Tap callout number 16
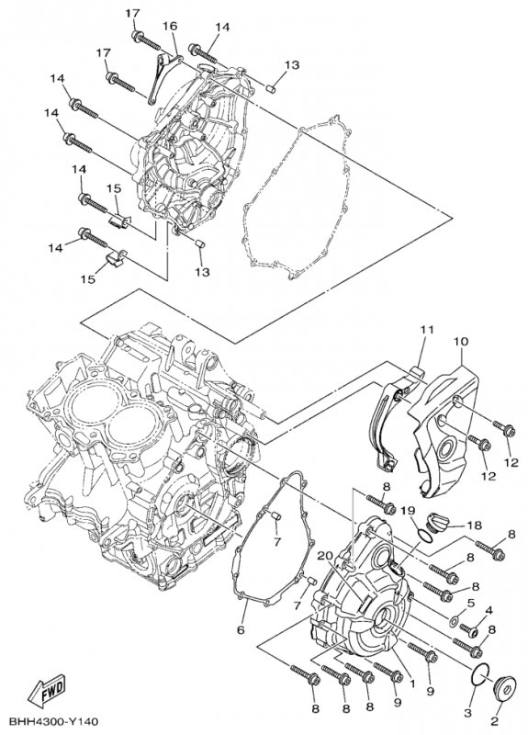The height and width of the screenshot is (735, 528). (171, 27)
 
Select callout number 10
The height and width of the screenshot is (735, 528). (460, 342)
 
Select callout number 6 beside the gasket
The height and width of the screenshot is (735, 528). (241, 630)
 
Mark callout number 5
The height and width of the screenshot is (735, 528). (470, 603)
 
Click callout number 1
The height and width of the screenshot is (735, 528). (412, 683)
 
